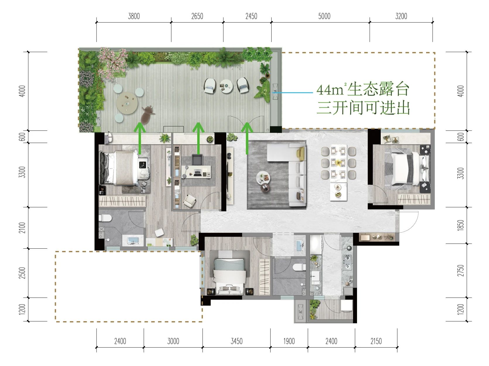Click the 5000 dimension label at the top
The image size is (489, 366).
pyautogui.click(x=324, y=16)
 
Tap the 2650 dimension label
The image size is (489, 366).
pyautogui.click(x=197, y=16)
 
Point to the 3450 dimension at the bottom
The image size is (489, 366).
pyautogui.click(x=236, y=341)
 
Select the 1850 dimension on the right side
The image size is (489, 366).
pyautogui.click(x=461, y=225)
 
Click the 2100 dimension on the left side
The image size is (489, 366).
pyautogui.click(x=22, y=228)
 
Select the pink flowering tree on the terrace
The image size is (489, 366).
pyautogui.click(x=112, y=63)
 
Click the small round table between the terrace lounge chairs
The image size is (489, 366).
pyautogui.click(x=226, y=86)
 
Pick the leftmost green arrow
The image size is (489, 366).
pyautogui.click(x=140, y=138)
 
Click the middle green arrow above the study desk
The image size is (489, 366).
pyautogui.click(x=198, y=138)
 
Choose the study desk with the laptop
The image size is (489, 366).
pyautogui.click(x=196, y=171)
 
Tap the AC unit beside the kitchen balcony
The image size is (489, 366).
pyautogui.click(x=301, y=311)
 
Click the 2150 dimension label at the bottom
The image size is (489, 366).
pyautogui.click(x=376, y=341)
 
